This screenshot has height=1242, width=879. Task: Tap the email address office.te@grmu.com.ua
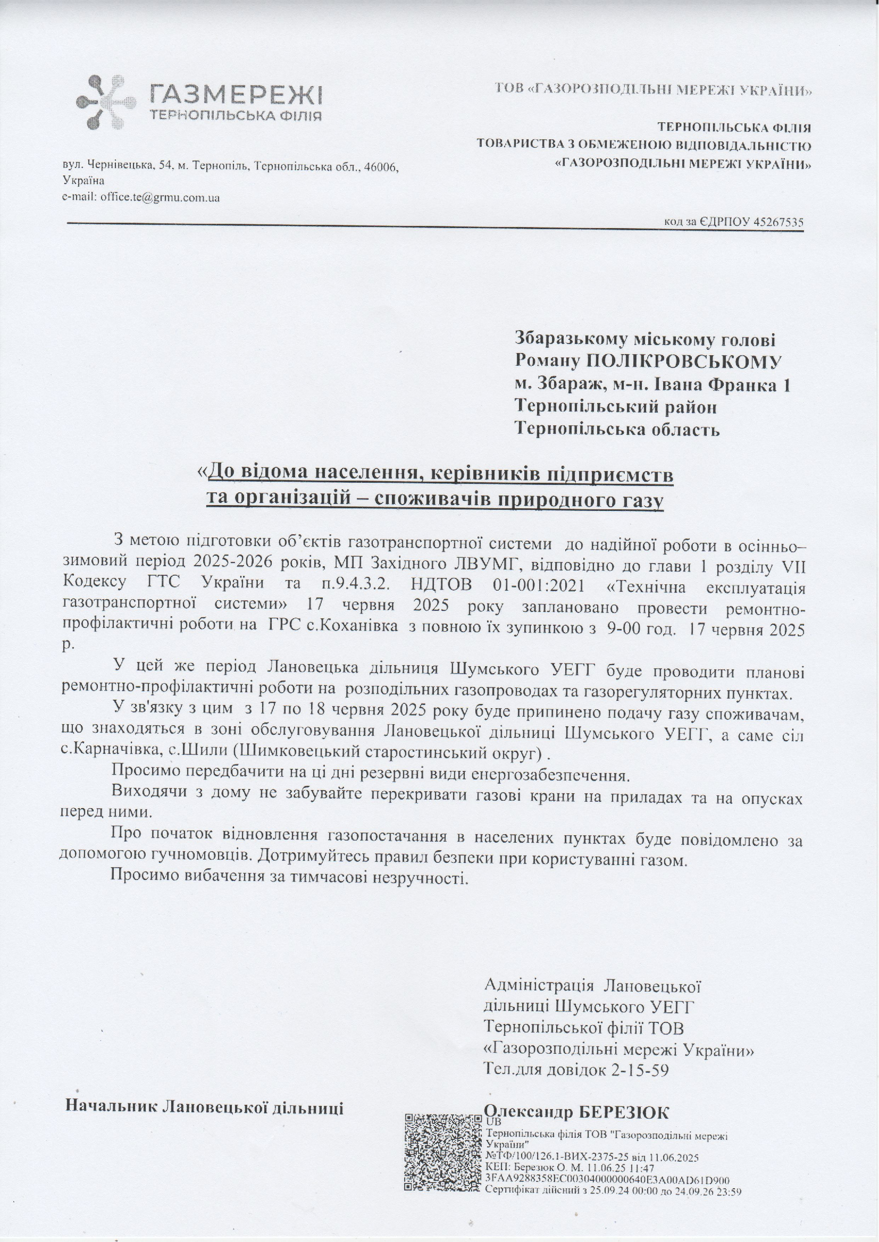(160, 198)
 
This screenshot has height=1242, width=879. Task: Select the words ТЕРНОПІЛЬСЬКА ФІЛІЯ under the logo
(234, 116)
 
